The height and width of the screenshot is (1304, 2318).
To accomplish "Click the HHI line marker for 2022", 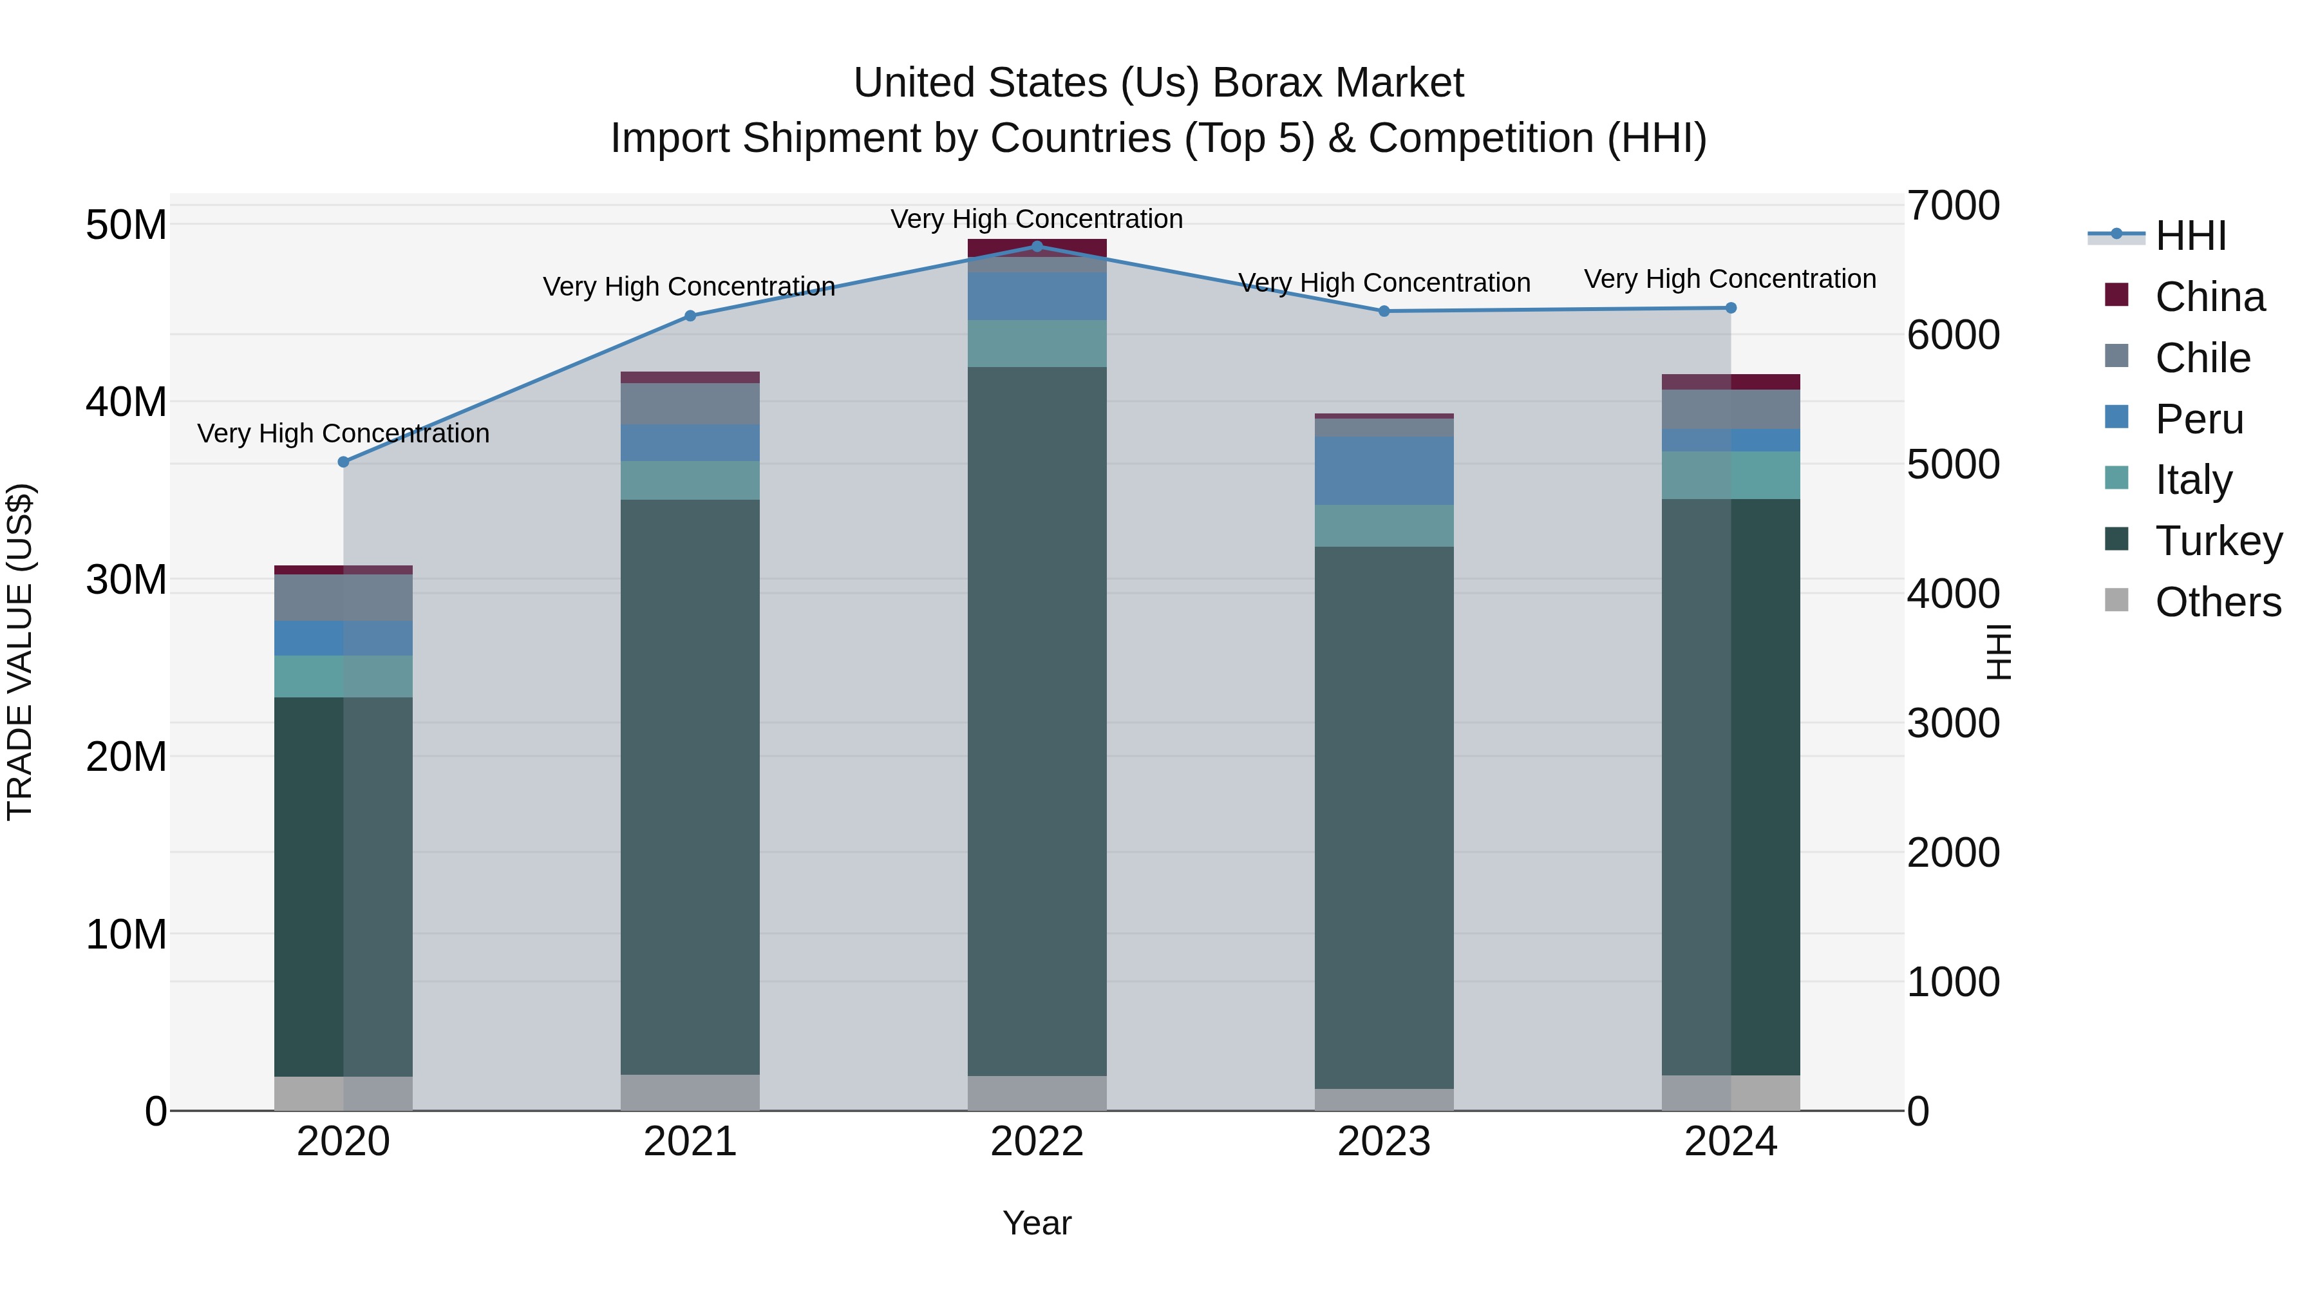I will click(x=1037, y=246).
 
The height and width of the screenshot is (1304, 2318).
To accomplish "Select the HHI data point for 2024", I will click(x=1730, y=308).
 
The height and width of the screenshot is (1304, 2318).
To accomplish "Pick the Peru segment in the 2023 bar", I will click(x=1384, y=471).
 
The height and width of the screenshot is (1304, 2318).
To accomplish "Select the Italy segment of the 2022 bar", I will click(x=1037, y=344).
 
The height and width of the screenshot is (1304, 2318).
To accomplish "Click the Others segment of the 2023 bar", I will click(x=1384, y=1100).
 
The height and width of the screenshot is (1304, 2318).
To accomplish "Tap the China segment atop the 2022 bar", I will click(x=1037, y=247).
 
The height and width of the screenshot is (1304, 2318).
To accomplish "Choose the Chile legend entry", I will click(x=2202, y=358).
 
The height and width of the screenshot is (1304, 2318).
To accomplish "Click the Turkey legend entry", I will click(x=2218, y=541).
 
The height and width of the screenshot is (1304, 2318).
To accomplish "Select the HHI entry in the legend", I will click(x=2191, y=236).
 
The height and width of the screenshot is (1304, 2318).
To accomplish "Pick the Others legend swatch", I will click(x=2116, y=600).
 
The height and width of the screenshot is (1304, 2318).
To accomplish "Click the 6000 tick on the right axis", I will click(x=1953, y=335).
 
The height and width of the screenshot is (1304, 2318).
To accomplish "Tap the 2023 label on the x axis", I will click(x=1384, y=1142).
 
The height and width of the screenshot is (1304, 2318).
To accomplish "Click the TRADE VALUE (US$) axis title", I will click(x=20, y=652).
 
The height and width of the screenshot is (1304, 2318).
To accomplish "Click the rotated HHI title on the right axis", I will click(x=1997, y=652).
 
